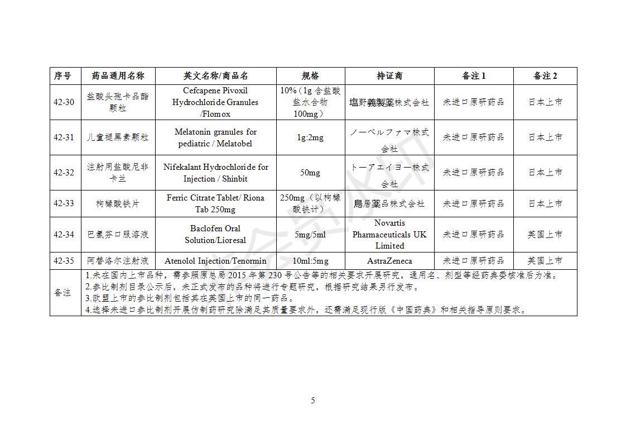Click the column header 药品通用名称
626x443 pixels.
[x=118, y=76]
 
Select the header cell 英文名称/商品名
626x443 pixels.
[x=215, y=76]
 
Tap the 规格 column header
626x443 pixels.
[x=310, y=76]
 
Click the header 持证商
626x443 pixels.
[x=389, y=76]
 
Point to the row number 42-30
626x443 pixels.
[x=64, y=102]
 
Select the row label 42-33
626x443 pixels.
[x=64, y=203]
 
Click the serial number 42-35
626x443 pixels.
[x=64, y=261]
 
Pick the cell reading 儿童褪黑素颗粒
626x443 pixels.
[x=118, y=137]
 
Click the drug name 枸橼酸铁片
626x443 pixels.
[x=118, y=204]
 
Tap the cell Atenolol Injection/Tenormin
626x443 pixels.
[x=215, y=261]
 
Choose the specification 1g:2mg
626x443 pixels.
[x=310, y=137]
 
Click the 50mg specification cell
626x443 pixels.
[x=310, y=173]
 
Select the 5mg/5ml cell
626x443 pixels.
[x=310, y=235]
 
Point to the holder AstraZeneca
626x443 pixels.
[x=389, y=261]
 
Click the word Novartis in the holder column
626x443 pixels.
[x=389, y=223]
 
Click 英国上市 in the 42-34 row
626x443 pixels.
[x=545, y=235]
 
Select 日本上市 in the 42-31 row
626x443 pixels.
[x=545, y=137]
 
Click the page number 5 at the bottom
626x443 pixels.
[x=313, y=401]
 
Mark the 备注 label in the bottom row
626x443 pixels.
[x=62, y=293]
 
